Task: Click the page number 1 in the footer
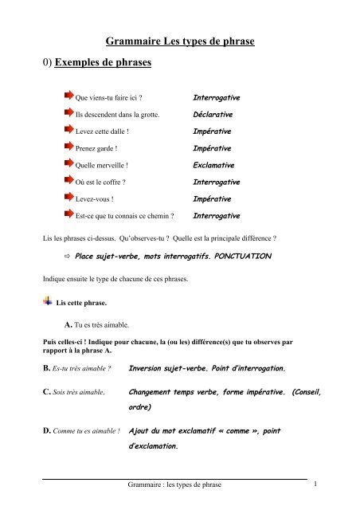point(317,484)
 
